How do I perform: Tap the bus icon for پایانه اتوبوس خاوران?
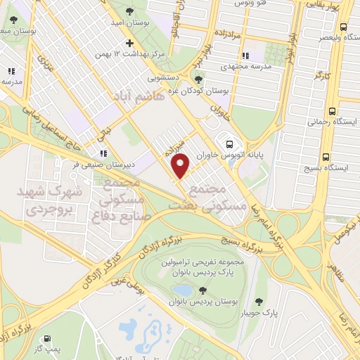[x=227, y=140]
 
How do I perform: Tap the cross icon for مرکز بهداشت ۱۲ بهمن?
[x=129, y=43]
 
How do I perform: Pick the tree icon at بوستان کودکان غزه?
[x=200, y=79]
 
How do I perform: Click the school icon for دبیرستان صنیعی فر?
[x=103, y=153]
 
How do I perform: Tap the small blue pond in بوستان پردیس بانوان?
[x=182, y=289]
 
